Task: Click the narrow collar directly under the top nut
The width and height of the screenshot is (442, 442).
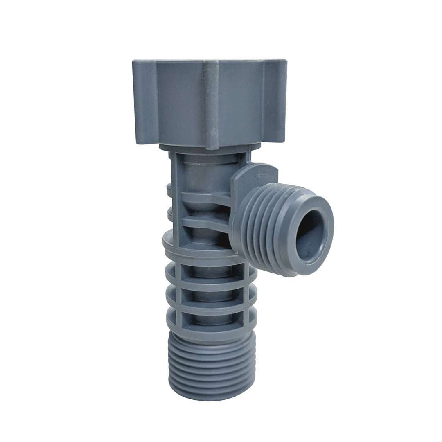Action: [209, 148]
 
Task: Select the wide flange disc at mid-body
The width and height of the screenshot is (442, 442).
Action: [196, 246]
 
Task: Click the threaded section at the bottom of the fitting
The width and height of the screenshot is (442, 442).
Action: [211, 366]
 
